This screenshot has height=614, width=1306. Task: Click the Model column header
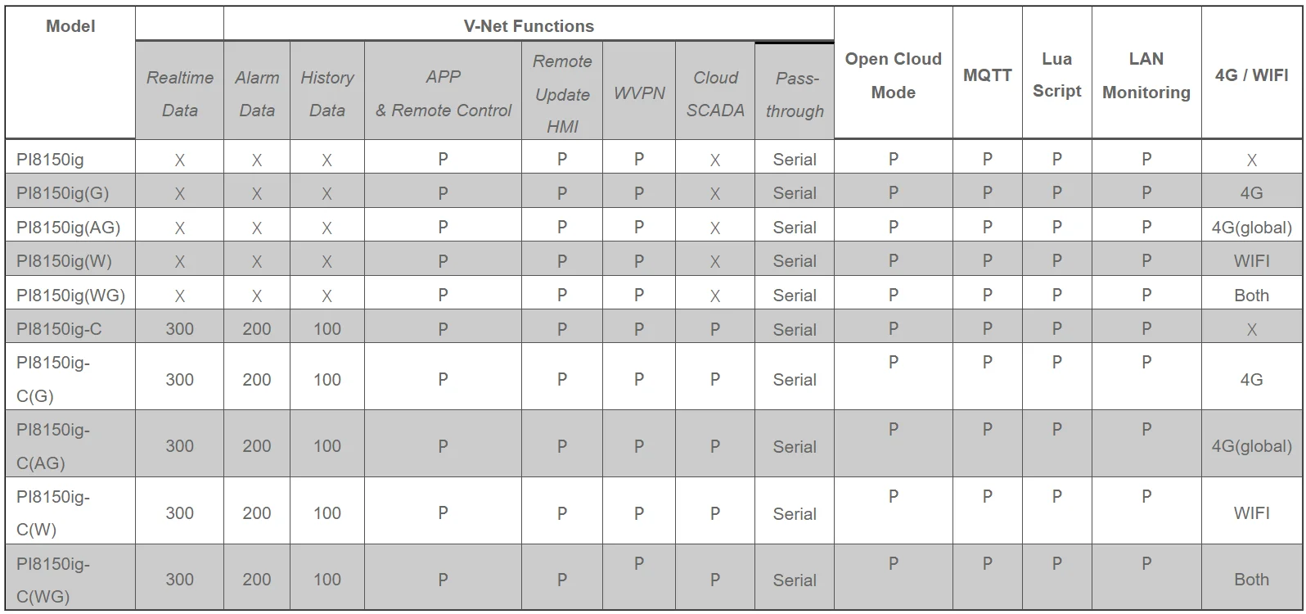pyautogui.click(x=70, y=26)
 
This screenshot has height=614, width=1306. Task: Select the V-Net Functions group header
pyautogui.click(x=529, y=26)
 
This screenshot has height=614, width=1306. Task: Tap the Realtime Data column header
pyautogui.click(x=179, y=93)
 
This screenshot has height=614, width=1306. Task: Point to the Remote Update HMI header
pyautogui.click(x=562, y=93)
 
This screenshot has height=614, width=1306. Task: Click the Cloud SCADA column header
pyautogui.click(x=715, y=93)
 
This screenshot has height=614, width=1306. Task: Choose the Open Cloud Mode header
pyautogui.click(x=893, y=75)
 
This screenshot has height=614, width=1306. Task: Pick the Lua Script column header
pyautogui.click(x=1056, y=74)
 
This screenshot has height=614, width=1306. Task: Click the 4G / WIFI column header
pyautogui.click(x=1251, y=74)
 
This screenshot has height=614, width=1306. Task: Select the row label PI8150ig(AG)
pyautogui.click(x=69, y=228)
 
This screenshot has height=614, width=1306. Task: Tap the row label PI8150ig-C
pyautogui.click(x=59, y=329)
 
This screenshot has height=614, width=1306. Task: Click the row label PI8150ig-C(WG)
pyautogui.click(x=53, y=580)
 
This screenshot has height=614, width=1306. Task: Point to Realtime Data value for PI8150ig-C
pyautogui.click(x=179, y=329)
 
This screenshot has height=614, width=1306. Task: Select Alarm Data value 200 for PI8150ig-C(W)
pyautogui.click(x=257, y=513)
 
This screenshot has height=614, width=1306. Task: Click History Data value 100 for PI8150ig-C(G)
pyautogui.click(x=326, y=380)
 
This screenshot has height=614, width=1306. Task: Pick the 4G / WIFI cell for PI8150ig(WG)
pyautogui.click(x=1251, y=296)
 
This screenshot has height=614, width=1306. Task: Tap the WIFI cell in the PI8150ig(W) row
pyautogui.click(x=1251, y=261)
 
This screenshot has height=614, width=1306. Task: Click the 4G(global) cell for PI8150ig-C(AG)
pyautogui.click(x=1251, y=447)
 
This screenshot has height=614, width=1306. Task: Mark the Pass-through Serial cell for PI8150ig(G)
pyautogui.click(x=795, y=193)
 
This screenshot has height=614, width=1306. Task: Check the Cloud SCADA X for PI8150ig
pyautogui.click(x=715, y=160)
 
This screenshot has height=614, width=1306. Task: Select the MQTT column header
pyautogui.click(x=987, y=74)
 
